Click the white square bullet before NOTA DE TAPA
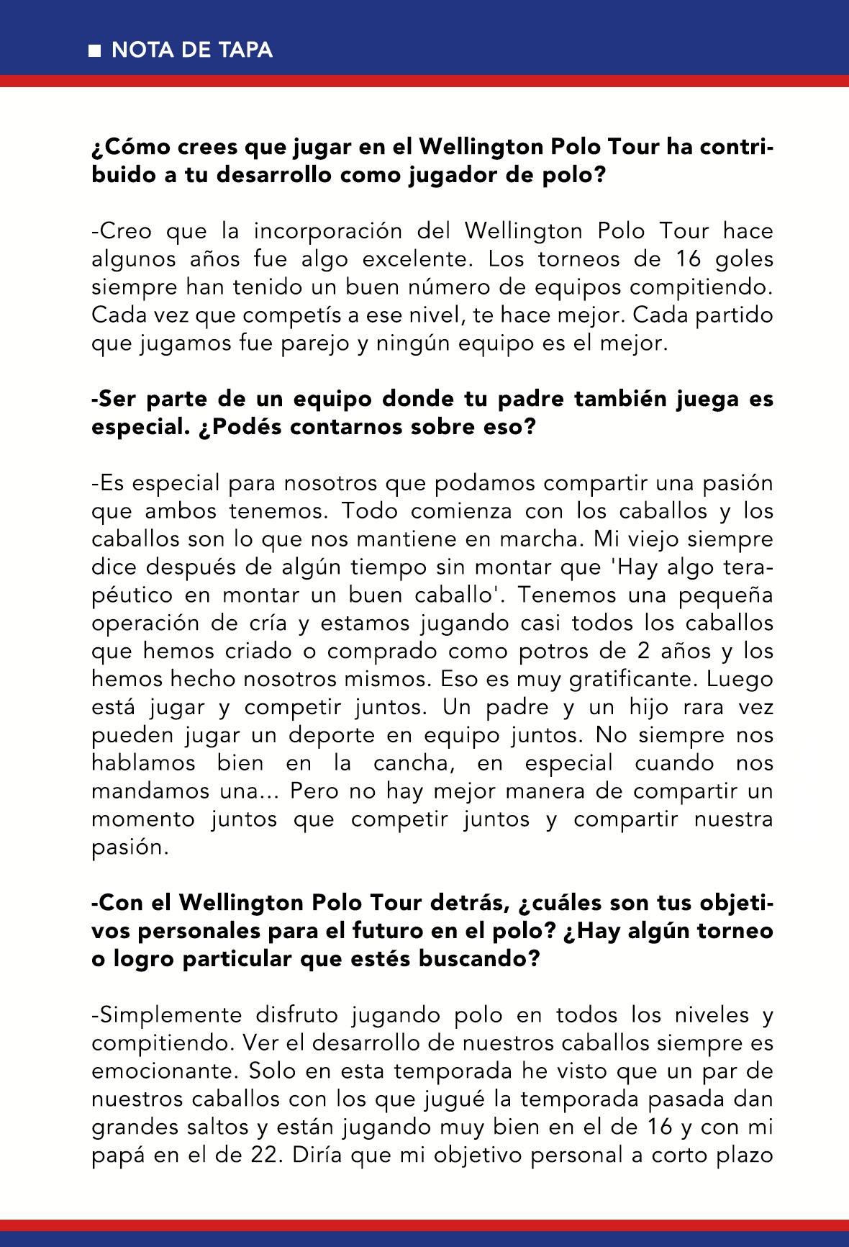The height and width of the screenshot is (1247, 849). click(x=94, y=50)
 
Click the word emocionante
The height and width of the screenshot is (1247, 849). click(x=163, y=1071)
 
